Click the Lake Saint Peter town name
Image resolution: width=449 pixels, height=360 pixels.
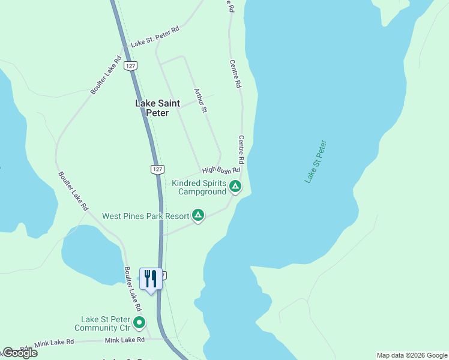[x=157, y=108]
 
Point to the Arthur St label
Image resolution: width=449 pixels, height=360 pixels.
[x=200, y=101]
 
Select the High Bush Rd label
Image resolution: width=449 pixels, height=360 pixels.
[x=216, y=170]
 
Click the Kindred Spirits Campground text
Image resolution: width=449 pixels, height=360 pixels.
[x=199, y=187]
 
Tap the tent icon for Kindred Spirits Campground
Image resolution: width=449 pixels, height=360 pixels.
[x=236, y=187]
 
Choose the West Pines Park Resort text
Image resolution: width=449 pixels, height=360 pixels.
[x=145, y=216]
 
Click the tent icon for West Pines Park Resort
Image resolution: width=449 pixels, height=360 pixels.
[x=198, y=215]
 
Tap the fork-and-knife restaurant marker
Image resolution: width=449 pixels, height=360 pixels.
[x=150, y=278]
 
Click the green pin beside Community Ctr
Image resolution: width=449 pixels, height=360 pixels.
[x=139, y=323]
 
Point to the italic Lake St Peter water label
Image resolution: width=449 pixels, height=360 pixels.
[x=315, y=161]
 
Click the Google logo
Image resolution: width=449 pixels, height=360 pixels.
[x=20, y=353]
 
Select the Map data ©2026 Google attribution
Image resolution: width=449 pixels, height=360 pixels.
[x=412, y=355]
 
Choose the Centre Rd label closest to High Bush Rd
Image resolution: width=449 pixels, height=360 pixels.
[x=241, y=149]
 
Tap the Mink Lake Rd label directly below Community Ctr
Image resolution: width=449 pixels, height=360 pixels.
[x=125, y=340]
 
